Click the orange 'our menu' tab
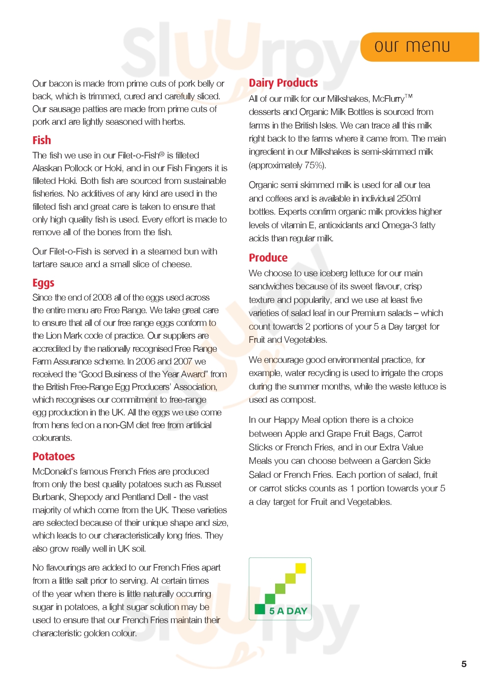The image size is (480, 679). [x=419, y=47]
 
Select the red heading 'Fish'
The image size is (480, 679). [x=42, y=140]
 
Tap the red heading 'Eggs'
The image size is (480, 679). [x=43, y=283]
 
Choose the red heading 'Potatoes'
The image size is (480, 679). [x=53, y=456]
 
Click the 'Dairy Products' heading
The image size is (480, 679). [x=283, y=83]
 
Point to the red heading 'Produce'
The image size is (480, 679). [x=268, y=258]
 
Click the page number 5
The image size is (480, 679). [x=464, y=664]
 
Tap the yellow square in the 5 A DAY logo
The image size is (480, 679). [x=301, y=568]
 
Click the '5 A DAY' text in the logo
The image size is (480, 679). [x=288, y=611]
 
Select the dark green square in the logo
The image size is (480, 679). [x=260, y=608]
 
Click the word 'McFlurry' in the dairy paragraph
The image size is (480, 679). [x=388, y=99]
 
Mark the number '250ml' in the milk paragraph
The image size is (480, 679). [x=409, y=199]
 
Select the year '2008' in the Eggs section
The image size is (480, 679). [x=102, y=298]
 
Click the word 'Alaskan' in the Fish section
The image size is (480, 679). [x=46, y=168]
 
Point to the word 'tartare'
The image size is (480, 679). [x=45, y=264]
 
